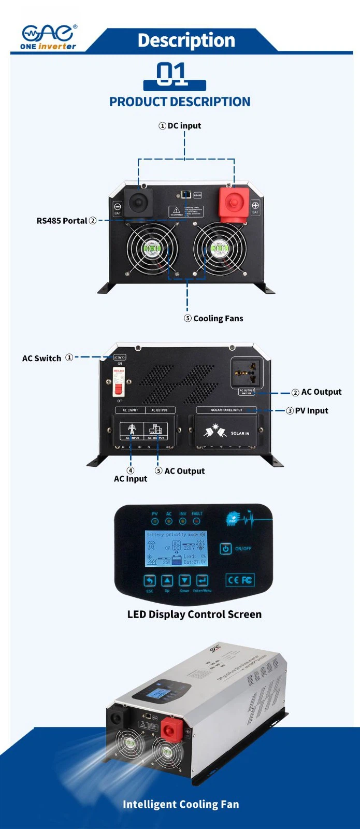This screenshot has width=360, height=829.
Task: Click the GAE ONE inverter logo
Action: (x=48, y=37)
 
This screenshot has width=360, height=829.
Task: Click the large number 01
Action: (x=172, y=74)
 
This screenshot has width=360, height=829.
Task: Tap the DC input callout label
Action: (x=180, y=125)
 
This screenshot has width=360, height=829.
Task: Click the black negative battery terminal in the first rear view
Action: (x=138, y=201)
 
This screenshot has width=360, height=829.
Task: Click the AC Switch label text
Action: (x=42, y=358)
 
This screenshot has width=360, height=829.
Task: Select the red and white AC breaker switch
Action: (x=119, y=382)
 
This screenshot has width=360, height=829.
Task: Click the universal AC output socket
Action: (x=247, y=371)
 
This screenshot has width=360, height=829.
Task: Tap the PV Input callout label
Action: (x=311, y=410)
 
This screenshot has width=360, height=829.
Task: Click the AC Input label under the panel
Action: (x=131, y=479)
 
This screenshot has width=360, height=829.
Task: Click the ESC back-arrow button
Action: (x=150, y=581)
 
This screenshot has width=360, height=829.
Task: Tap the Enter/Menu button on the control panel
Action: (x=202, y=581)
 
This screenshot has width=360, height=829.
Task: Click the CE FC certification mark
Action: (x=240, y=580)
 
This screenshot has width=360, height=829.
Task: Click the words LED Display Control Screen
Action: (x=194, y=614)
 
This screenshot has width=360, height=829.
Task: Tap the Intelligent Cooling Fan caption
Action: (x=181, y=804)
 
